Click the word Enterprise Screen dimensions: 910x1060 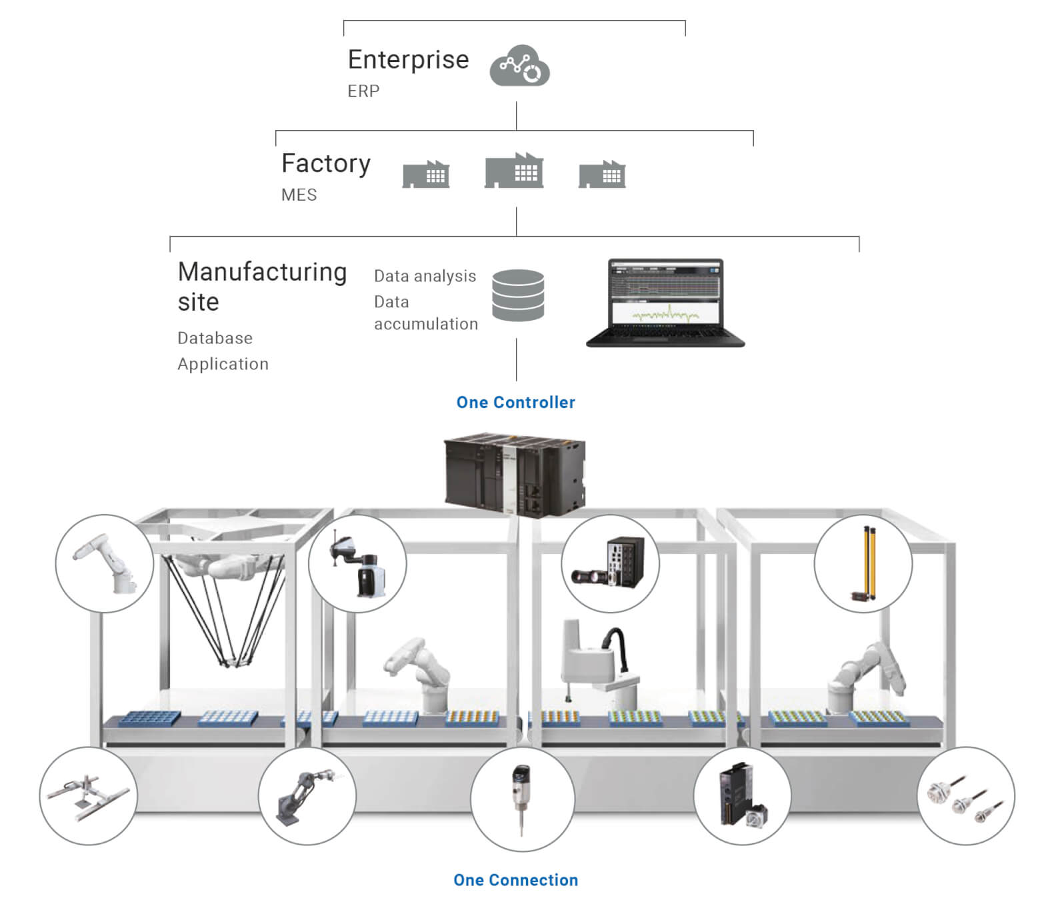pyautogui.click(x=408, y=60)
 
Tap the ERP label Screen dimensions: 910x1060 pyautogui.click(x=363, y=91)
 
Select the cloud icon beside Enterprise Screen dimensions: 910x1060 pyautogui.click(x=519, y=67)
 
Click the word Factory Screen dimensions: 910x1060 pyautogui.click(x=325, y=164)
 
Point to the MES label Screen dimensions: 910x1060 pyautogui.click(x=299, y=195)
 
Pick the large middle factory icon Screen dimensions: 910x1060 pyautogui.click(x=514, y=171)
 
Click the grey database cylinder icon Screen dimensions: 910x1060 pyautogui.click(x=517, y=295)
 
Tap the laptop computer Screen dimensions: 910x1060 pyautogui.click(x=665, y=303)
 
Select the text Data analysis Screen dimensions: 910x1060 pyautogui.click(x=425, y=276)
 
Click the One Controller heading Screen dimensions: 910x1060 pyautogui.click(x=515, y=403)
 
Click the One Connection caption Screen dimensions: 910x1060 pyautogui.click(x=515, y=881)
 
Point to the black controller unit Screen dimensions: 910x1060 pyautogui.click(x=514, y=475)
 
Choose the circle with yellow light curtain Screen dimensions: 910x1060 pyautogui.click(x=863, y=564)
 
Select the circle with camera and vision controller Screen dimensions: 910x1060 pyautogui.click(x=610, y=563)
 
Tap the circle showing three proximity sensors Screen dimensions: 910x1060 pyautogui.click(x=966, y=796)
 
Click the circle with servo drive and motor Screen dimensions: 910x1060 pyautogui.click(x=742, y=796)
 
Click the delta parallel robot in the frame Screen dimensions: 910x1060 pyautogui.click(x=223, y=600)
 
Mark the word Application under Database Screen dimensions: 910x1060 pyautogui.click(x=223, y=365)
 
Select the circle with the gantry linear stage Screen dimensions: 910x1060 pyautogui.click(x=88, y=796)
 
